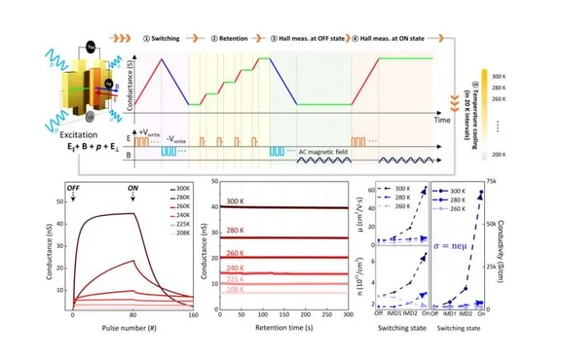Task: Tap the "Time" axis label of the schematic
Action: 442,120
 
